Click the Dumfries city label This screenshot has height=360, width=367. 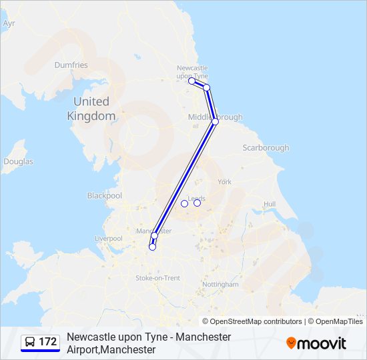tap(71, 65)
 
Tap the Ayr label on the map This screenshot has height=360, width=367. tap(9, 23)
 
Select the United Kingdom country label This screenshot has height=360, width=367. tap(91, 109)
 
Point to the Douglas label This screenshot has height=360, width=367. tap(18, 161)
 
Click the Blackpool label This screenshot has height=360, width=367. tap(105, 196)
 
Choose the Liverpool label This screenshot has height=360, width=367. tap(108, 238)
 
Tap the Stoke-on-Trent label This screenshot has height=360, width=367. tap(157, 277)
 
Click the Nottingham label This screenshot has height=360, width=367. tap(220, 284)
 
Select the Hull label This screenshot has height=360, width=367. tap(270, 204)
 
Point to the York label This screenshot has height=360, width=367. tap(225, 181)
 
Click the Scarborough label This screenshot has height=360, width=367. tap(266, 147)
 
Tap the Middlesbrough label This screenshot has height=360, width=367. tap(216, 117)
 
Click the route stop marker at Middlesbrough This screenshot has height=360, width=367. tap(215, 122)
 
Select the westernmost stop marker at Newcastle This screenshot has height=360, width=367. tap(192, 81)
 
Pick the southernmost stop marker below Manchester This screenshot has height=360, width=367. tap(152, 247)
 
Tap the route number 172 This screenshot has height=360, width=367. tap(48, 342)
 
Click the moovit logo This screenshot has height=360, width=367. tap(316, 343)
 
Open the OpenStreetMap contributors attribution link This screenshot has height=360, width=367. tap(256, 321)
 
